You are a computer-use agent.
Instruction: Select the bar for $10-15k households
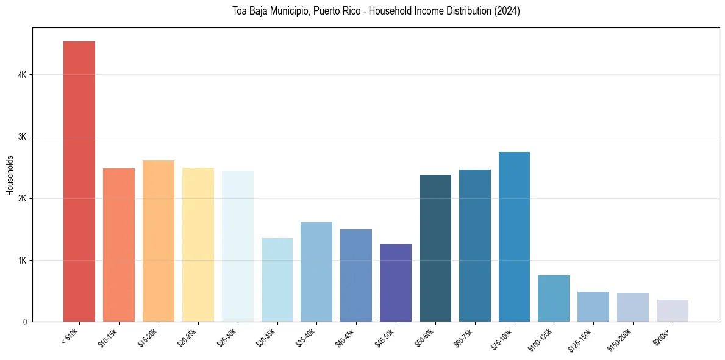(119, 245)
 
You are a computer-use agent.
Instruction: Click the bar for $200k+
(673, 311)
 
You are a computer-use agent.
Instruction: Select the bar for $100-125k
(554, 298)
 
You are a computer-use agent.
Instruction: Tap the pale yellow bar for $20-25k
(198, 244)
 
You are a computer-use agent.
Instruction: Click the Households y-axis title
(10, 175)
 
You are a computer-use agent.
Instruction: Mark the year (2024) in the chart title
(506, 11)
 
